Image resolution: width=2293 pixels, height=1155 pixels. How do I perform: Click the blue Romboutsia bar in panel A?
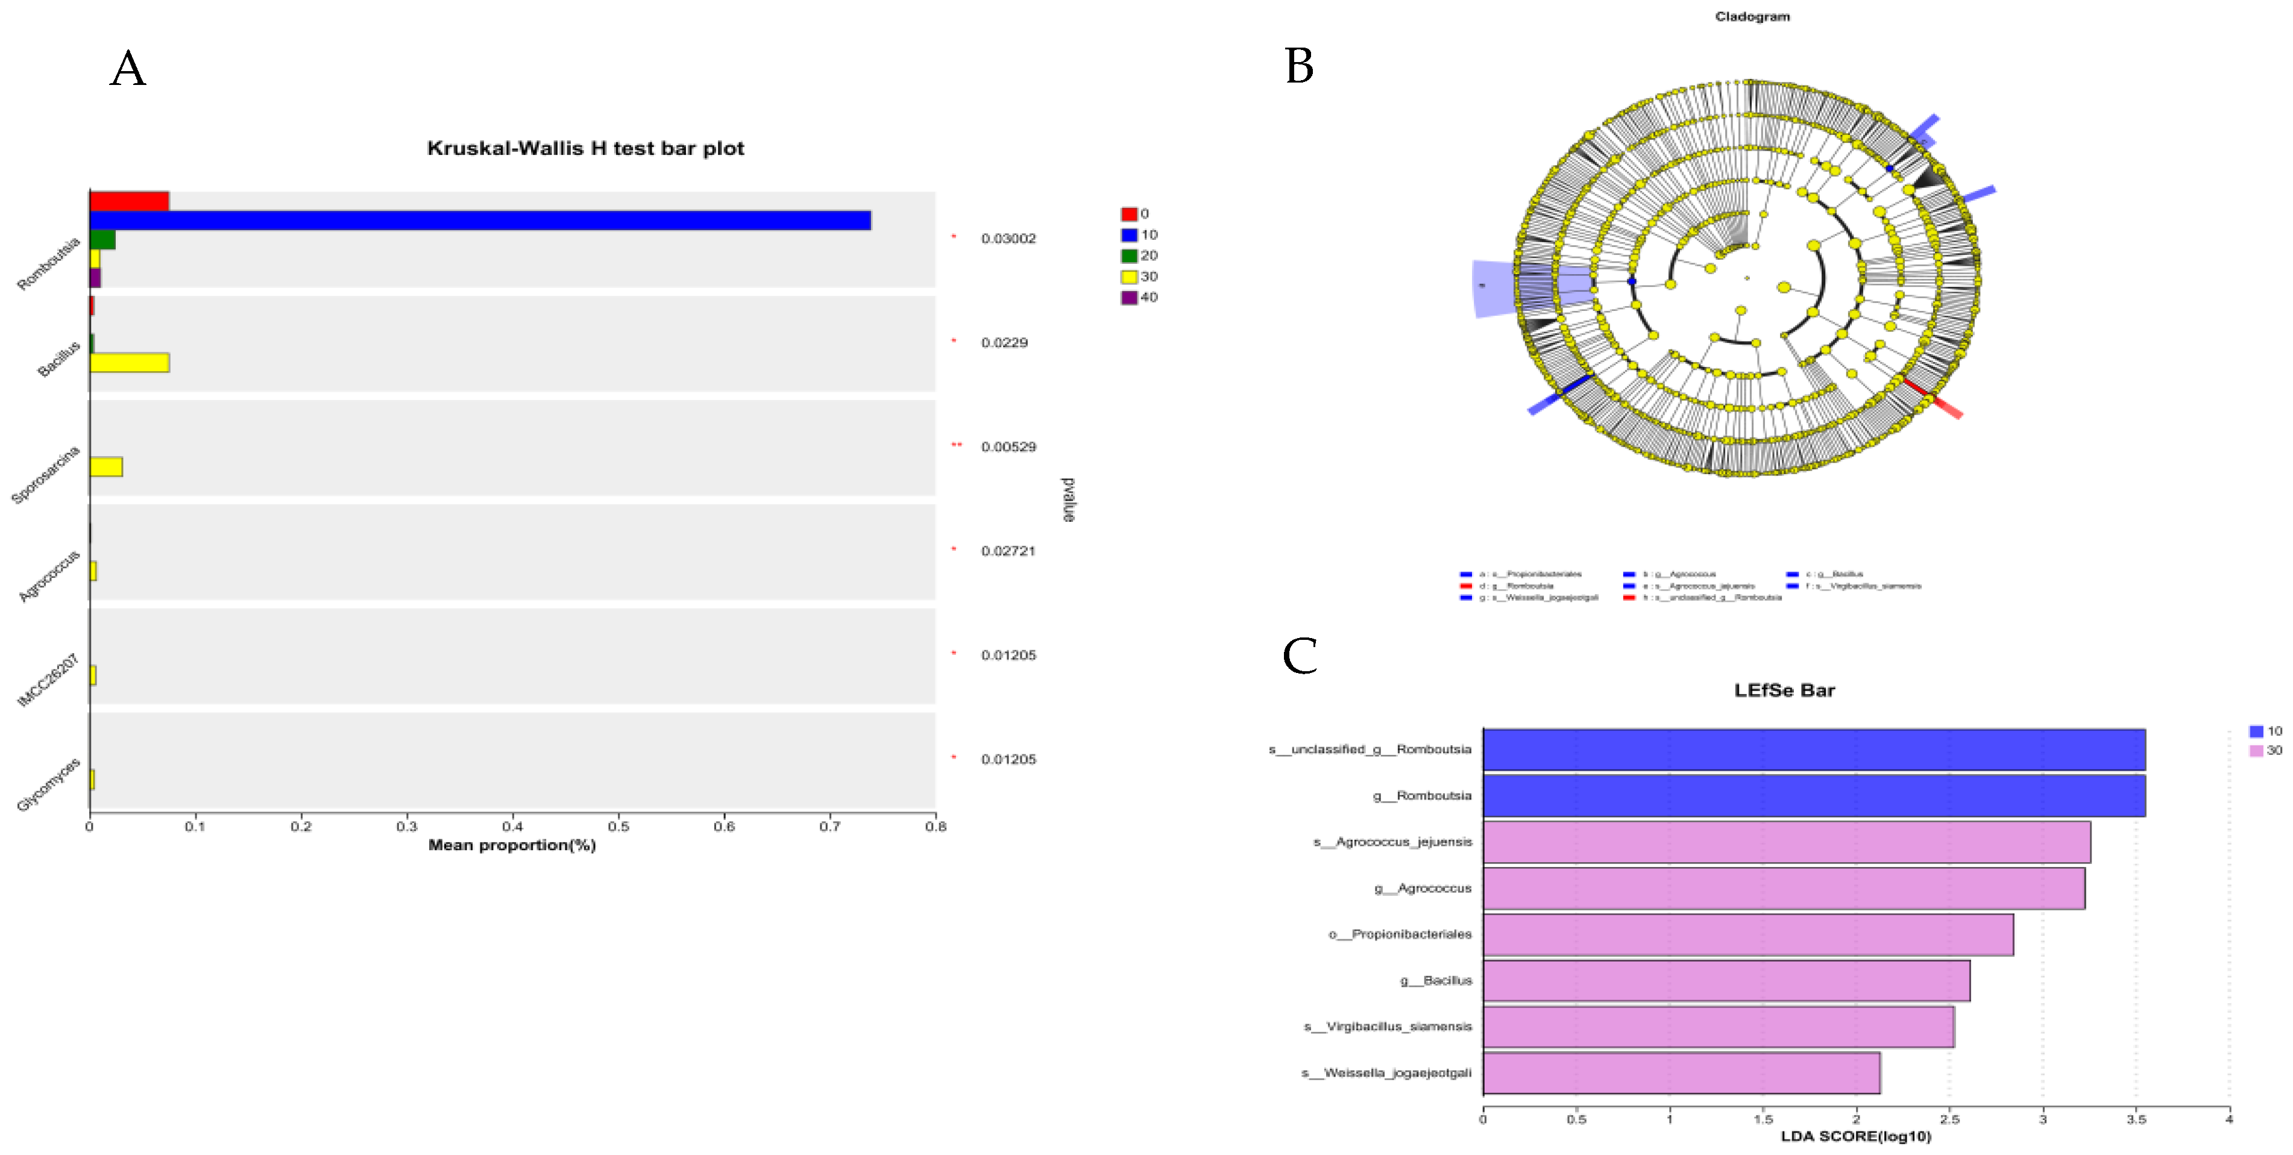[480, 221]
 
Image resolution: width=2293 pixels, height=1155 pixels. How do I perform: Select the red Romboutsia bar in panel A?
[129, 201]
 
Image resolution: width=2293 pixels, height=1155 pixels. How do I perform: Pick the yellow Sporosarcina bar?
[106, 466]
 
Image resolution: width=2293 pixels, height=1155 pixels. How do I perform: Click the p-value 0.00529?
[1008, 446]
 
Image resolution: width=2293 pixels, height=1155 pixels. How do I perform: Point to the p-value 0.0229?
[1004, 343]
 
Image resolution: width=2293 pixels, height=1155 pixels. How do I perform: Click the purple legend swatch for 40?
[1128, 297]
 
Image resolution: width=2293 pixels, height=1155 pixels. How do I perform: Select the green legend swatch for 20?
[1128, 255]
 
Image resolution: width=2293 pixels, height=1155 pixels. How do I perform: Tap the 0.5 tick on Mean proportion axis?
[618, 827]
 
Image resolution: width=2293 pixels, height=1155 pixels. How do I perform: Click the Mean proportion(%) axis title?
[512, 845]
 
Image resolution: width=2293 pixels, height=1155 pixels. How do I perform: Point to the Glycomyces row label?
[49, 784]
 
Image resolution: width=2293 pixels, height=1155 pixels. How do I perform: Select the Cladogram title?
[1752, 16]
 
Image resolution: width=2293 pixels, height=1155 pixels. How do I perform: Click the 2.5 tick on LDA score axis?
[1949, 1119]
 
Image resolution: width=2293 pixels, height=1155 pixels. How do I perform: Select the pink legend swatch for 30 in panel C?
[2256, 750]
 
